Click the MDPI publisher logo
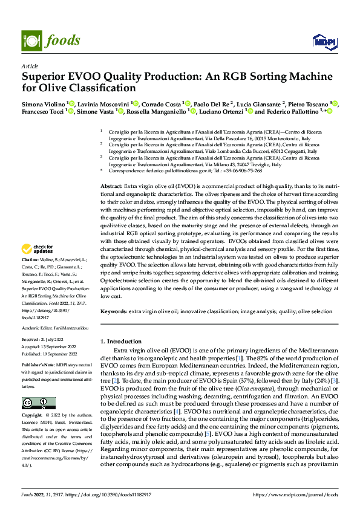322,41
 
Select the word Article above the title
30,66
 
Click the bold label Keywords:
114,311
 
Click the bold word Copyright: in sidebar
33,416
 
